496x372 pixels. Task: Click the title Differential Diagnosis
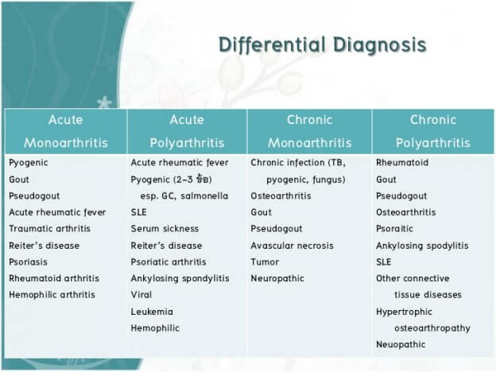click(x=323, y=45)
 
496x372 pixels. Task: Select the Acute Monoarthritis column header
click(x=65, y=131)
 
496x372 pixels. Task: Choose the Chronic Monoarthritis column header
click(x=308, y=131)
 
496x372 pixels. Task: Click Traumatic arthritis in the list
click(x=49, y=229)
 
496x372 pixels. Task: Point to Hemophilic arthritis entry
click(x=52, y=295)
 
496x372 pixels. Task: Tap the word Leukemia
click(x=152, y=312)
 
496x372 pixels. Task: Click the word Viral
click(x=142, y=295)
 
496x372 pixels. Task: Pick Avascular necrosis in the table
click(x=292, y=246)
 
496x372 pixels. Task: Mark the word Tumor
click(x=265, y=262)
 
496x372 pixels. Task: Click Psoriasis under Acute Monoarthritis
click(x=29, y=262)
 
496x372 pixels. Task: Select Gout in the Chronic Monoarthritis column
click(x=261, y=212)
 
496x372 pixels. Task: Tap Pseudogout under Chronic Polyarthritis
click(x=401, y=196)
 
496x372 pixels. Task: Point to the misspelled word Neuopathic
click(x=401, y=345)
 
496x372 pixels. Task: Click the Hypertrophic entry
click(x=404, y=312)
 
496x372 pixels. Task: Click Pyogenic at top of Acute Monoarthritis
click(x=29, y=162)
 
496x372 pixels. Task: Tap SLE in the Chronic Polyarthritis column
click(x=384, y=262)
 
